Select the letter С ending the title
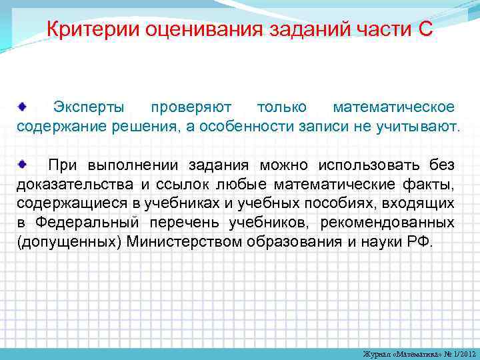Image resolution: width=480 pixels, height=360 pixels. pos(426,29)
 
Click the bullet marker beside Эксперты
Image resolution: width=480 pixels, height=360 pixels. pos(22,106)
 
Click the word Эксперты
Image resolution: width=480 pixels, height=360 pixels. pos(89,107)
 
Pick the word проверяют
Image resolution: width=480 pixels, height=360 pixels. pos(191,107)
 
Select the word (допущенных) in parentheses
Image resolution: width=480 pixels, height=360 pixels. pos(65,242)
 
